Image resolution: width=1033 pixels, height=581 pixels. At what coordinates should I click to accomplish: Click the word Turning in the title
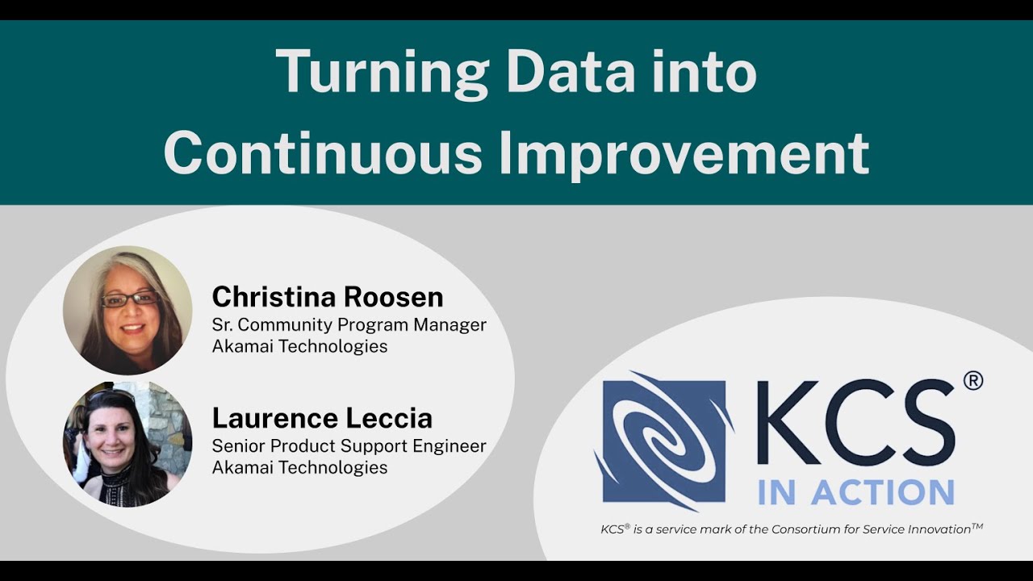coord(383,72)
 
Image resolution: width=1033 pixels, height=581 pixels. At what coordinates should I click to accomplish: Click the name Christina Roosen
coord(327,297)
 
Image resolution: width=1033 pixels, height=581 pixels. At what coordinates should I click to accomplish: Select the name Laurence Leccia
coord(322,418)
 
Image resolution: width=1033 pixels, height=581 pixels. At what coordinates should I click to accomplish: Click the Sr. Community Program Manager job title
coord(349,324)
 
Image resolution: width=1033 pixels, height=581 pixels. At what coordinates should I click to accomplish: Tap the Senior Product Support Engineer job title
coord(349,445)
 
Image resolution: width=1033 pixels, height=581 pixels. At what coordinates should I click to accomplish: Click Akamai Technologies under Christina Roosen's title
coord(299,346)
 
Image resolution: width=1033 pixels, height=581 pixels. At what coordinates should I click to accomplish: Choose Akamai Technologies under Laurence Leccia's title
coord(299,467)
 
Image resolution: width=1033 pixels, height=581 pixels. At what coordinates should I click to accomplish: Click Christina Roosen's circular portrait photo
coord(128,310)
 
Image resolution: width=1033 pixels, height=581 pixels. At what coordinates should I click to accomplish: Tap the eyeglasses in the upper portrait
coord(128,299)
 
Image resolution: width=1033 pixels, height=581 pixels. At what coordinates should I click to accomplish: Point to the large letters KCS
coord(855,423)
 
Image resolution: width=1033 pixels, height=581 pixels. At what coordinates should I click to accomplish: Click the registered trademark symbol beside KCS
coord(972,380)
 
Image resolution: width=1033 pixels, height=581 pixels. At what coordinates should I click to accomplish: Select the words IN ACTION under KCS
coord(855,491)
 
